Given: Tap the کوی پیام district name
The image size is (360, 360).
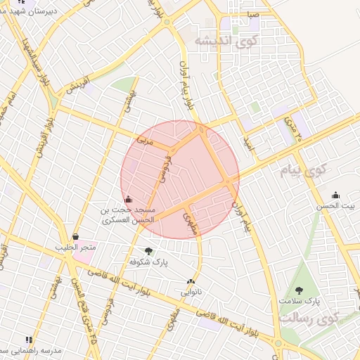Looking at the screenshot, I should click(x=308, y=170).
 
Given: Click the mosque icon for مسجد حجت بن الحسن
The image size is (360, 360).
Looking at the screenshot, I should click(x=127, y=199).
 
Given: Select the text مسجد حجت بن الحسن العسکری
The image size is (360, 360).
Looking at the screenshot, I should click(x=127, y=215).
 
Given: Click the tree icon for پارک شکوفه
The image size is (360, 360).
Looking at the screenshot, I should click(x=148, y=250).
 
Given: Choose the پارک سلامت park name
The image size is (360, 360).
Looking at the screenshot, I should click(x=299, y=301).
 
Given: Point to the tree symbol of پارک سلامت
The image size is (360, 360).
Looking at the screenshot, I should click(x=299, y=290).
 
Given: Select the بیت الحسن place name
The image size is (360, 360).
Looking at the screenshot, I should click(x=335, y=205).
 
